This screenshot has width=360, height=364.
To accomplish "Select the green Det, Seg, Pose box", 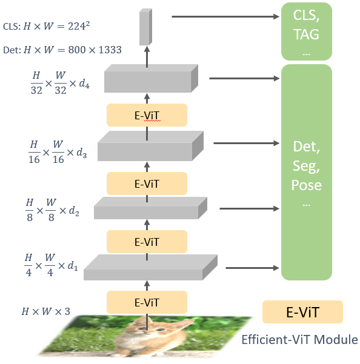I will pyautogui.click(x=307, y=171).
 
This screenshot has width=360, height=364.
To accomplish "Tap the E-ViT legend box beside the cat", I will pyautogui.click(x=302, y=313).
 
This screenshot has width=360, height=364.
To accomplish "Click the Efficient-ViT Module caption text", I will pyautogui.click(x=299, y=339).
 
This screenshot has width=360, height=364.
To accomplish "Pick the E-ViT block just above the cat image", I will pyautogui.click(x=147, y=301).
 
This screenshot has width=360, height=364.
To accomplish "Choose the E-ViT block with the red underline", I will pyautogui.click(x=147, y=114).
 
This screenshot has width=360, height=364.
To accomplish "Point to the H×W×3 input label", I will pyautogui.click(x=46, y=312).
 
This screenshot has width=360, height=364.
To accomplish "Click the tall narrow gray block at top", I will pyautogui.click(x=145, y=27).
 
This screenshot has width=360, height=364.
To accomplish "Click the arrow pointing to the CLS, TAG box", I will pyautogui.click(x=224, y=16).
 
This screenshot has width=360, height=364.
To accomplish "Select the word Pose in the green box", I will pyautogui.click(x=307, y=184).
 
